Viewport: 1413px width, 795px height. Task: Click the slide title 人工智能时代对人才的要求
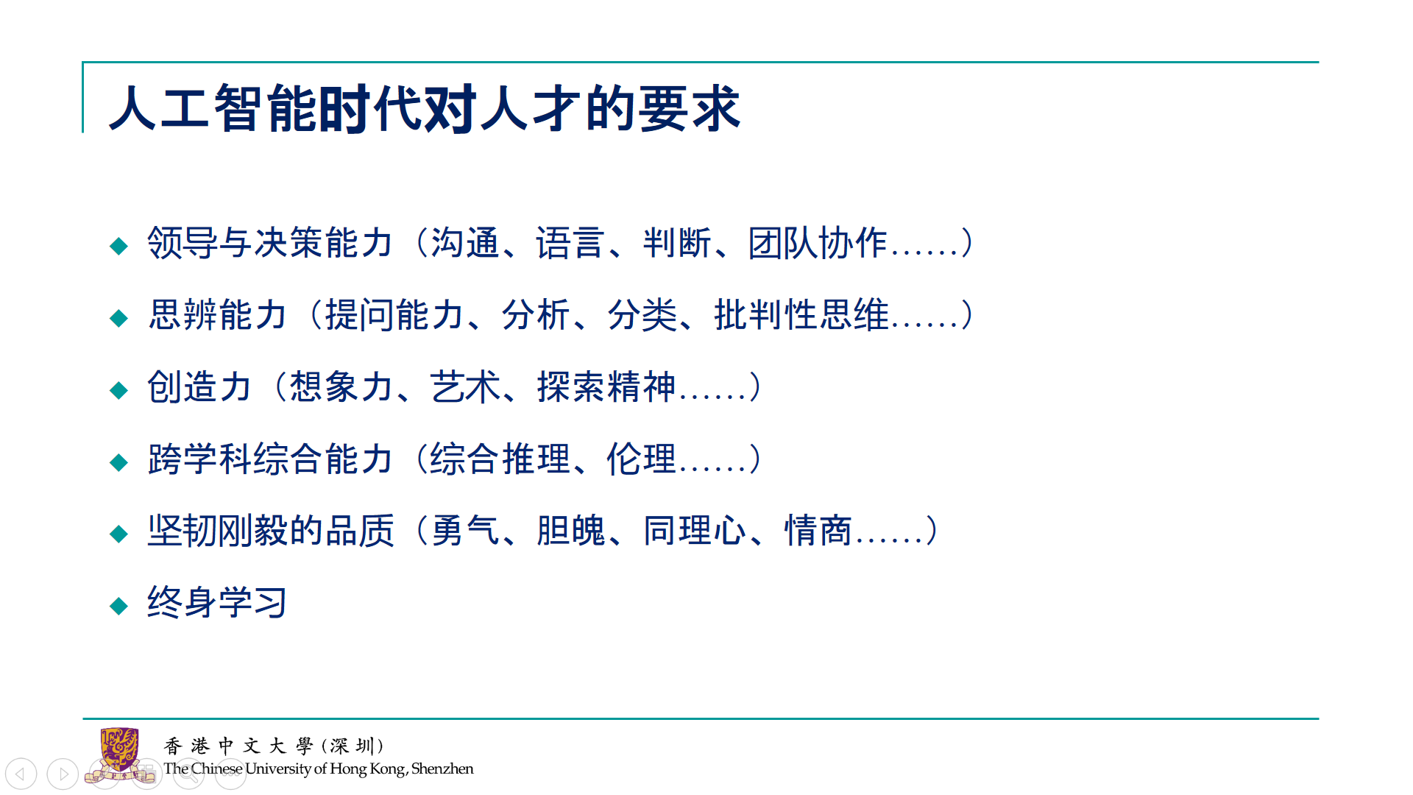point(425,108)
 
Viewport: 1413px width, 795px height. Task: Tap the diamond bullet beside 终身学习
point(118,606)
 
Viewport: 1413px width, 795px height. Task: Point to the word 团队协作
point(818,243)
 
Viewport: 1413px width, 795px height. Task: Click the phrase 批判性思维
point(801,315)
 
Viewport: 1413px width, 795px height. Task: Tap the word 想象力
point(341,387)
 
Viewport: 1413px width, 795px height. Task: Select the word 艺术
point(465,387)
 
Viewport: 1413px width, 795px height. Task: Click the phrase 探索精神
point(606,387)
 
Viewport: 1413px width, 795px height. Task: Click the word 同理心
point(695,531)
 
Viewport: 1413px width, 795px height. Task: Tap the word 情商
point(818,531)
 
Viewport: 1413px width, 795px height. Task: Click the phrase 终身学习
point(217,603)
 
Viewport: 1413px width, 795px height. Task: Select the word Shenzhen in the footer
point(442,768)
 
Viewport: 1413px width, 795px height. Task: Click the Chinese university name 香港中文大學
point(238,746)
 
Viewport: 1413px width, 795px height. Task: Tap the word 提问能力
point(394,315)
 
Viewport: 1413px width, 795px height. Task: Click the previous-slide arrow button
point(21,774)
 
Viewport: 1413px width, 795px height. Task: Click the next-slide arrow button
point(63,774)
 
